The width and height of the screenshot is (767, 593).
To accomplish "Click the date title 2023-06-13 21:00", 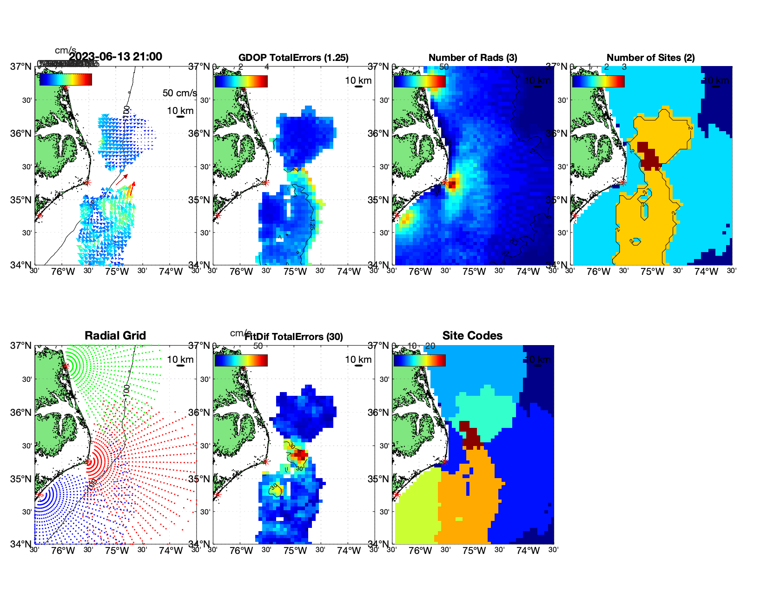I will pyautogui.click(x=115, y=57).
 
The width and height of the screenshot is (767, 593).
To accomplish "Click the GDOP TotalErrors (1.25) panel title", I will pyautogui.click(x=293, y=58).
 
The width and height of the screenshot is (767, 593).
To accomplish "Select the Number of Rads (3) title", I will pyautogui.click(x=473, y=58).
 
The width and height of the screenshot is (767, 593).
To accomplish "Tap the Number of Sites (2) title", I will pyautogui.click(x=650, y=58).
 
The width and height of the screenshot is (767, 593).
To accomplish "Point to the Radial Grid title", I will pyautogui.click(x=115, y=336).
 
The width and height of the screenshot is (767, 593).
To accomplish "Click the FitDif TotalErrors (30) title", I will pyautogui.click(x=294, y=337).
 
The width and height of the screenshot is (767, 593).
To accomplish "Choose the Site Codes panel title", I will pyautogui.click(x=472, y=336).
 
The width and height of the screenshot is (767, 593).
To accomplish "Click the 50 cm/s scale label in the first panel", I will pyautogui.click(x=179, y=93).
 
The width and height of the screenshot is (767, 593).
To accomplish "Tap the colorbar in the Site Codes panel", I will pyautogui.click(x=419, y=360).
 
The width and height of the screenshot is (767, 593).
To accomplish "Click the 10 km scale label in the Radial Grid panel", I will pyautogui.click(x=180, y=360).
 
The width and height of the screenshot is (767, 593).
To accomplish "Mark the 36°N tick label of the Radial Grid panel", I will pyautogui.click(x=21, y=413).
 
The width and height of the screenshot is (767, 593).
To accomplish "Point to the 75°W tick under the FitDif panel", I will pyautogui.click(x=295, y=551).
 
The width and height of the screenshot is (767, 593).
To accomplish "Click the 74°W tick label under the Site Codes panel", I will pyautogui.click(x=528, y=551).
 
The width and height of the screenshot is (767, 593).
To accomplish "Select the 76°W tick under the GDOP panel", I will pyautogui.click(x=241, y=272).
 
